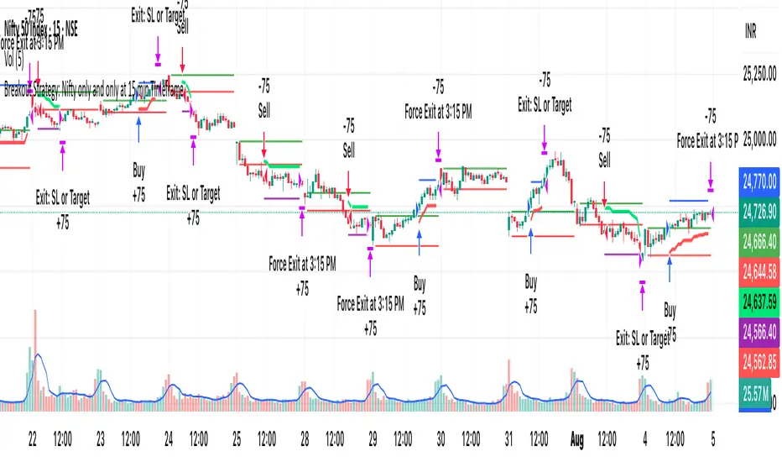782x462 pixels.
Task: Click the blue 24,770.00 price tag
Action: (x=758, y=178)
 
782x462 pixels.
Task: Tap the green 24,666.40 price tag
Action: (x=758, y=241)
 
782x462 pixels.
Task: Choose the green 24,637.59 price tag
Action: (x=758, y=301)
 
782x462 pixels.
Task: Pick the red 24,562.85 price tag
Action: (x=758, y=360)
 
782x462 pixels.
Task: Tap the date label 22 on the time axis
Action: (x=33, y=438)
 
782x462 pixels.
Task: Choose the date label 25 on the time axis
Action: (x=236, y=438)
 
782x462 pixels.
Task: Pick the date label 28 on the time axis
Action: (x=304, y=438)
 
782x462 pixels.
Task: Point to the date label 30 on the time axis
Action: (x=439, y=438)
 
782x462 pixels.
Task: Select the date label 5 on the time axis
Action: (x=712, y=438)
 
